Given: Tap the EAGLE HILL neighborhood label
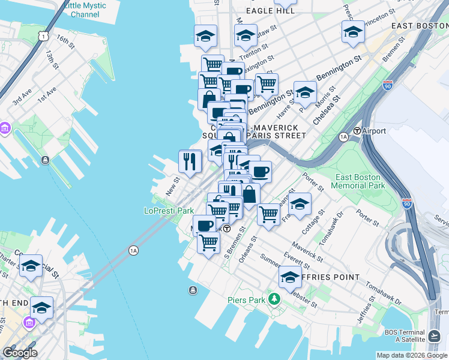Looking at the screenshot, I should (270, 11).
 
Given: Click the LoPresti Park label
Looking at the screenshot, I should (169, 211).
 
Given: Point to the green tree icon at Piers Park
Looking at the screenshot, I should (274, 298).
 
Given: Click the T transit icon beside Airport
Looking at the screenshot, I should (357, 131).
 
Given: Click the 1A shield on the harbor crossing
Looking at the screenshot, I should (133, 250).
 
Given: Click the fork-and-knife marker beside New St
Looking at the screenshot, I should (190, 161).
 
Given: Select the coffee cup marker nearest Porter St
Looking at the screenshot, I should (260, 173).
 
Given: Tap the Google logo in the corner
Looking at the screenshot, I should (20, 353).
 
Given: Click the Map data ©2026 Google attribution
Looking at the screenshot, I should (412, 355).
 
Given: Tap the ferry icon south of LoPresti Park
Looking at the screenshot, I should (193, 290).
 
